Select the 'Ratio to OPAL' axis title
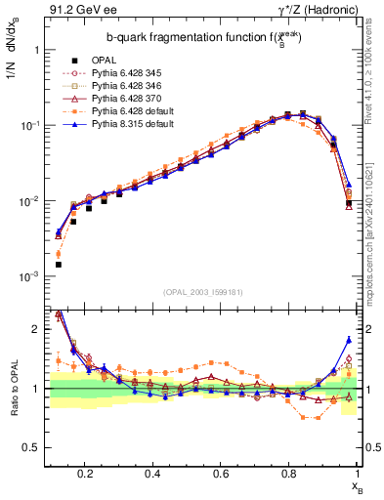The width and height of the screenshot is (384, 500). click(14, 391)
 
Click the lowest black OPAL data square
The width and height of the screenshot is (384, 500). click(59, 265)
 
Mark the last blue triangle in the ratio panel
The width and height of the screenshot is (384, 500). click(349, 340)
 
